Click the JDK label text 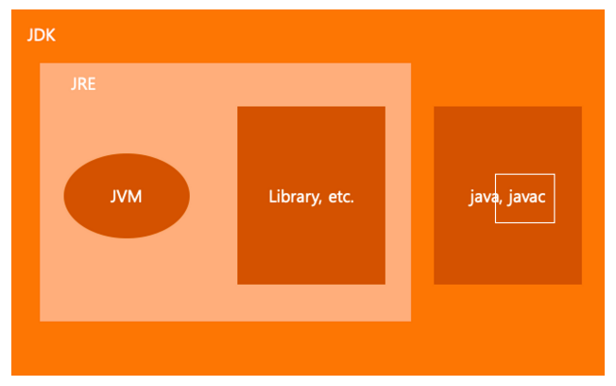[x=42, y=35]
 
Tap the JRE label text [x=83, y=84]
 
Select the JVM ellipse [x=127, y=196]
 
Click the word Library [x=294, y=198]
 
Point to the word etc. [x=340, y=198]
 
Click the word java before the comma [x=482, y=198]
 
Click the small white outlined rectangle [x=524, y=199]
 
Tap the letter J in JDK [x=30, y=35]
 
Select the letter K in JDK [x=51, y=35]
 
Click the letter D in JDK [x=41, y=35]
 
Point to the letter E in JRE [x=92, y=84]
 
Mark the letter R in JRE [x=82, y=84]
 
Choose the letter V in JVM [x=126, y=197]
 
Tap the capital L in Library [x=272, y=198]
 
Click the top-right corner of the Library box [x=385, y=107]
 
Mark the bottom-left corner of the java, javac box [x=435, y=283]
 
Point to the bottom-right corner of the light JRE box [x=410, y=320]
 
